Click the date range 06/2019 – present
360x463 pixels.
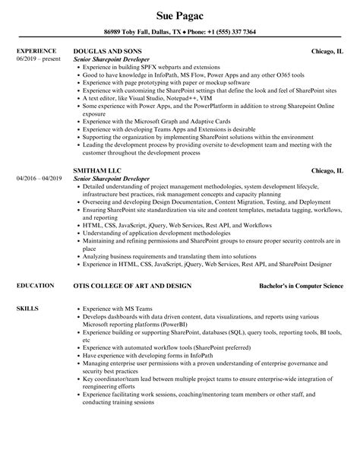point(37,59)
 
